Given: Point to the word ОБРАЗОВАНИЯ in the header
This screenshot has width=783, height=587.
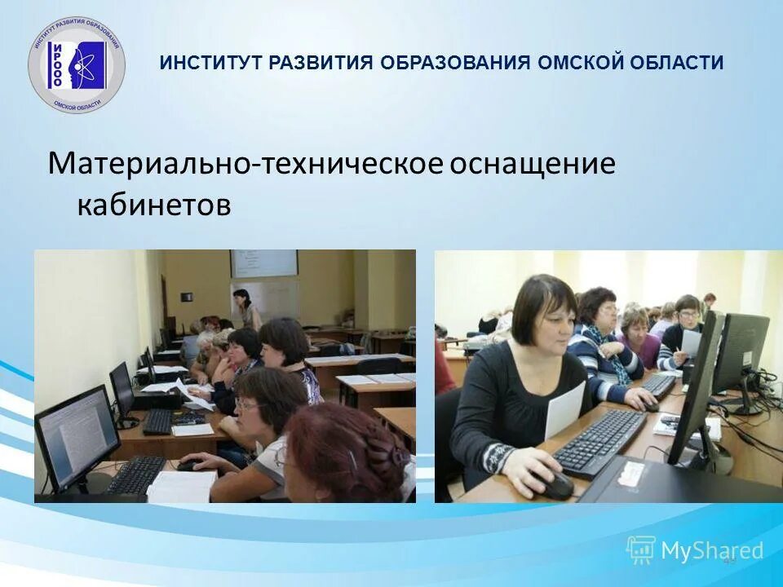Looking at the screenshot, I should (456, 63).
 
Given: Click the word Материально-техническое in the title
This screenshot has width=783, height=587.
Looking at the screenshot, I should (245, 164).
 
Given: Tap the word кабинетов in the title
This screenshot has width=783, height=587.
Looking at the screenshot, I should (154, 205).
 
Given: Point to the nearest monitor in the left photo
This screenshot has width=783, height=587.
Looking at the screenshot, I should (76, 433).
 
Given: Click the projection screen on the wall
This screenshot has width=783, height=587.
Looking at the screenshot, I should (263, 263).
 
